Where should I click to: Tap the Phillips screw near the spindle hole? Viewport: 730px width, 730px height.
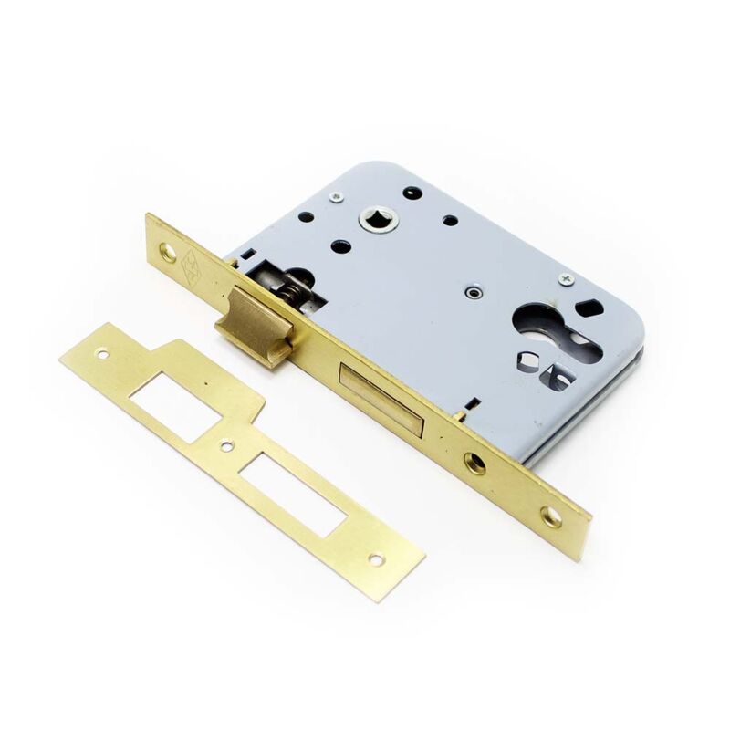tap(339, 195)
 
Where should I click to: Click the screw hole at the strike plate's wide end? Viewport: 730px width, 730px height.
tap(102, 352)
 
